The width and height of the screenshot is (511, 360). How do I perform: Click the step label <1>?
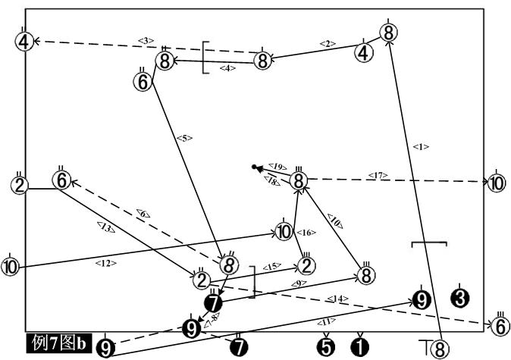422,146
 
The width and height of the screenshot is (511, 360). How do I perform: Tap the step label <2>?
327,44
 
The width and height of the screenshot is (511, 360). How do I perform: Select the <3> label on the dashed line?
146,40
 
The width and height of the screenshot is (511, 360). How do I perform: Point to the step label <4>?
227,68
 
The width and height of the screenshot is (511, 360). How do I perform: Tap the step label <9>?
296,283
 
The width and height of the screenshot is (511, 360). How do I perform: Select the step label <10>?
334,221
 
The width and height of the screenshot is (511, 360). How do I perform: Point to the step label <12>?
106,263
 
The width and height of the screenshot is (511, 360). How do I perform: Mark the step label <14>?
339,299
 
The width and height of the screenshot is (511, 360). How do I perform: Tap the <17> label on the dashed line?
377,176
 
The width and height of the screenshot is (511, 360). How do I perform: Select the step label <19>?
277,165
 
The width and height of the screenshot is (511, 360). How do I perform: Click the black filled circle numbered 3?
459,297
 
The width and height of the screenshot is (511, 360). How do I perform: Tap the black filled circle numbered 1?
360,346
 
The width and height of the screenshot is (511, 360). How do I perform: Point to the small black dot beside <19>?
255,167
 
